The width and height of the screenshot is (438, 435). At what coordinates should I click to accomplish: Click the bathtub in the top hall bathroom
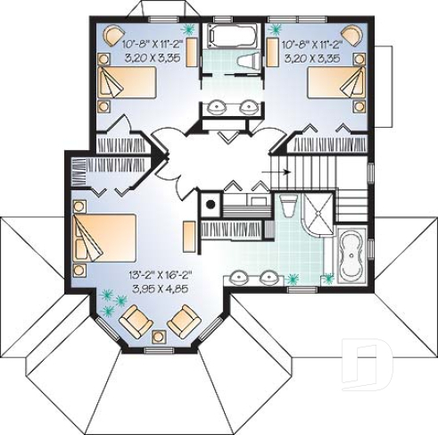[x=232, y=37]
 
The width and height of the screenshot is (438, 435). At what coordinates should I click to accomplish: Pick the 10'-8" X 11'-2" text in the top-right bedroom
[x=312, y=42]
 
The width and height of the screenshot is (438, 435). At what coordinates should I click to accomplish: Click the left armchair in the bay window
[x=136, y=318]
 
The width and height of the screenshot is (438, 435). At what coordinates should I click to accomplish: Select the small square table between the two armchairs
[x=160, y=337]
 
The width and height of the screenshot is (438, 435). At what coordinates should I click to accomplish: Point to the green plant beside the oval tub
[x=329, y=278]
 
